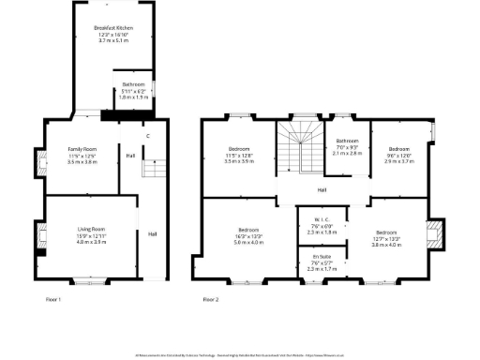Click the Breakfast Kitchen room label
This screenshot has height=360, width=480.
pos(113,29)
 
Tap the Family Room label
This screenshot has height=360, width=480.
pos(82,149)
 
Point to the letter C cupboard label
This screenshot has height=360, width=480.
pos(147,138)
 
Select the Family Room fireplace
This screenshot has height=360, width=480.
pos(40,166)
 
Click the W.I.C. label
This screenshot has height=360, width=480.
pos(320,220)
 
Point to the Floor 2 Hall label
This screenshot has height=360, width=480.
pos(322,190)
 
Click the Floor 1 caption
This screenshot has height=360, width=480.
pos(53,299)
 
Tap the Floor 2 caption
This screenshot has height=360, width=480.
pos(210,299)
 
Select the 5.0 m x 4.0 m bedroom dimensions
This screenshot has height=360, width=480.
pos(248,242)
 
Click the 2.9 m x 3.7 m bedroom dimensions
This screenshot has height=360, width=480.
pos(399,161)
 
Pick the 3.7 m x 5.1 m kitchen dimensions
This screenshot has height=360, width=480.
pos(113,41)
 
